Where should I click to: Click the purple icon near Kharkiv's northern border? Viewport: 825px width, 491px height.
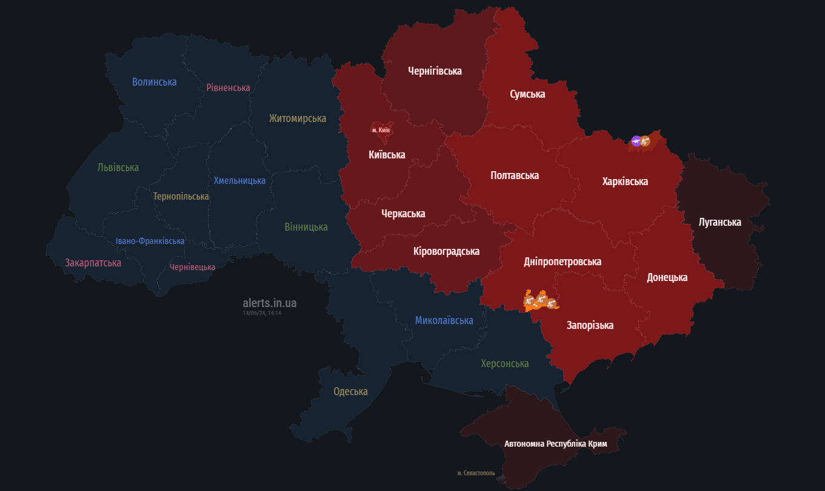point(636,141)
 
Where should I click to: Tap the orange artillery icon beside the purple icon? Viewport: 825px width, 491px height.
point(645,141)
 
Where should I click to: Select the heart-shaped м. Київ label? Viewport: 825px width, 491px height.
point(381,130)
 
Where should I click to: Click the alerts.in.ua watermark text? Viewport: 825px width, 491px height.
point(269,303)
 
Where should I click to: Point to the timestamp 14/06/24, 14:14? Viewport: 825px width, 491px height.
point(262,313)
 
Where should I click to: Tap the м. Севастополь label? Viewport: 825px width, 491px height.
point(476,473)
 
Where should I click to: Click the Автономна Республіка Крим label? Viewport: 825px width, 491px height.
point(555,444)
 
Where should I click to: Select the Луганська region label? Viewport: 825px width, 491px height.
point(720,222)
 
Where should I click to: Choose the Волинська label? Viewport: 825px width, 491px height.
point(155,81)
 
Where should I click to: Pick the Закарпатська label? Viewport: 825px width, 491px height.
point(93,263)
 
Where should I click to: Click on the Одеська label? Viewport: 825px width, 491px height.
point(350,391)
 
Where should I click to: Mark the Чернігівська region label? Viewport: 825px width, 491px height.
point(435,71)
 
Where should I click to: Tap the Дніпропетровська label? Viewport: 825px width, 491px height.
point(563,262)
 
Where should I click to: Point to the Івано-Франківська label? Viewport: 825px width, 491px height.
point(150,241)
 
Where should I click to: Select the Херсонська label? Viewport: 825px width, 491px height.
point(504,364)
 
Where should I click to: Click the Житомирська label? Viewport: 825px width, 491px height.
point(298,118)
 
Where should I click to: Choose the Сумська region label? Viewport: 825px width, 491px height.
point(527,94)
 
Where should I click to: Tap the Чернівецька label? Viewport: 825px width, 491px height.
point(192,267)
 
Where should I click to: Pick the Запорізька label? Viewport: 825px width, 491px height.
point(590,325)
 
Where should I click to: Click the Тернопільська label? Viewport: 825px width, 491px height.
point(181,197)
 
